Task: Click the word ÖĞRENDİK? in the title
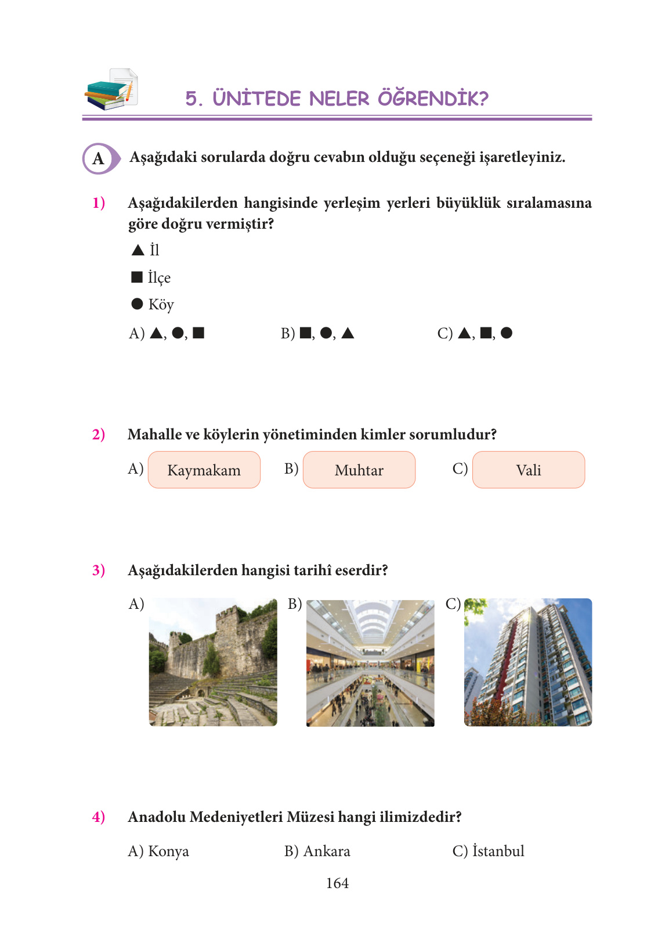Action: pos(433,98)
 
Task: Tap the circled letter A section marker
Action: pos(99,158)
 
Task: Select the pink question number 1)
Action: pos(99,203)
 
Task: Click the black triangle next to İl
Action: pos(138,250)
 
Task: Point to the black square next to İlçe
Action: pos(137,277)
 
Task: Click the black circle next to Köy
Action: pos(137,304)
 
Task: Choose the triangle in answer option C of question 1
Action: pos(464,333)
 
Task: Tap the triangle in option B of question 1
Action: pos(348,333)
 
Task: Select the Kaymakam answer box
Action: pos(204,470)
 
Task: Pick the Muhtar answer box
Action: pos(359,470)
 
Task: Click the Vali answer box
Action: pos(529,470)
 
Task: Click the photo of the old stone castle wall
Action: pos(213,662)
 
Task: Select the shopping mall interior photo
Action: pos(370,663)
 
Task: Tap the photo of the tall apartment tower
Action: pos(528,662)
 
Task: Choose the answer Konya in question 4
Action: pos(168,851)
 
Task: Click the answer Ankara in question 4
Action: pos(327,851)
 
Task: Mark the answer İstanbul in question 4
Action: pos(498,851)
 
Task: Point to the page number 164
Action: pos(337,883)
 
